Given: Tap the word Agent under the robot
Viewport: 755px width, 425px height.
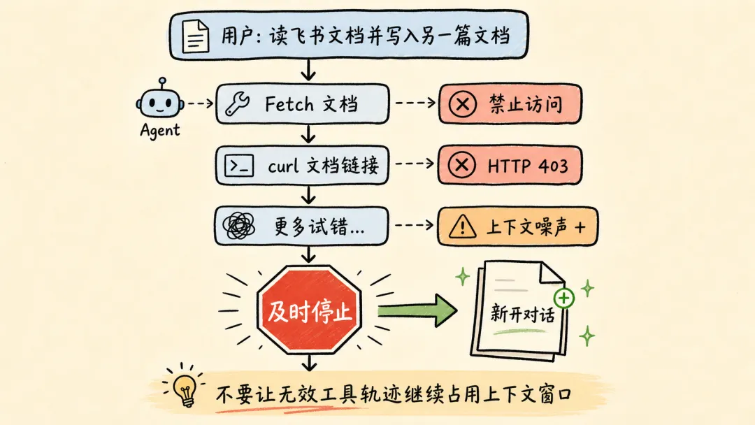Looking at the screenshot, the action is click(x=160, y=131).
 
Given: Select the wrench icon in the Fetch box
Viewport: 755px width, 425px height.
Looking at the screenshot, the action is click(x=238, y=103).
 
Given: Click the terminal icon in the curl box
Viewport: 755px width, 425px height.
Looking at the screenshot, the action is click(x=239, y=166).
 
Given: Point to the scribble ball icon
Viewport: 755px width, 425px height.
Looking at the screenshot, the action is click(x=239, y=226).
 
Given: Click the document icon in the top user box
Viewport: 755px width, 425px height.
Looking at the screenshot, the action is click(x=196, y=36).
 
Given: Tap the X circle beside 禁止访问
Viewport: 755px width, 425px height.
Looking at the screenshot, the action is click(x=463, y=103).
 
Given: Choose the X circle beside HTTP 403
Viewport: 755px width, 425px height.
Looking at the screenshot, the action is click(x=462, y=165).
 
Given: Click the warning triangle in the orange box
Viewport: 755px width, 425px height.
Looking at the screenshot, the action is click(x=463, y=226).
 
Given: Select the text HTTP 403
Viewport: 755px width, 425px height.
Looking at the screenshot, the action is click(x=528, y=166).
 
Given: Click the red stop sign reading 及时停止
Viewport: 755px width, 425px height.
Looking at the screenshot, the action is click(x=309, y=310).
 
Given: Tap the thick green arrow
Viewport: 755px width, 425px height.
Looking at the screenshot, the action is click(x=417, y=310).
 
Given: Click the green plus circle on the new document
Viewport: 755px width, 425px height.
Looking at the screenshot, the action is click(x=564, y=298).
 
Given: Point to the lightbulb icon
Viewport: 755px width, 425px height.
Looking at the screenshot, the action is click(x=185, y=389).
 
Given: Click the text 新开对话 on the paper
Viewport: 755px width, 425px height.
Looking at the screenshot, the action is click(x=522, y=314).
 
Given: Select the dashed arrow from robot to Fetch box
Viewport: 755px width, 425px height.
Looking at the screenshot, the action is click(x=201, y=103).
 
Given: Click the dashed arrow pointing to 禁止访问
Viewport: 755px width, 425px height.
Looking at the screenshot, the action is click(x=415, y=103).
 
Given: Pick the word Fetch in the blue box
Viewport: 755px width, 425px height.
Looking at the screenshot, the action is click(x=289, y=104).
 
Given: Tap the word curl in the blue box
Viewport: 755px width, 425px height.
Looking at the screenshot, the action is click(x=283, y=166).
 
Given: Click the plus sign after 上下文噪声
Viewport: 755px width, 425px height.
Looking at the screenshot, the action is click(x=580, y=226).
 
